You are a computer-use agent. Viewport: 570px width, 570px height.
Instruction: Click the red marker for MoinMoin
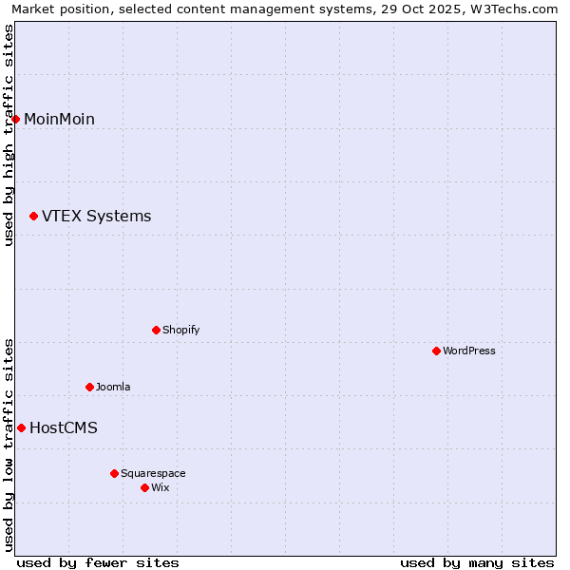(16, 119)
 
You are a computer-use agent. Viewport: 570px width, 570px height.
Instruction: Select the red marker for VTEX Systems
(33, 217)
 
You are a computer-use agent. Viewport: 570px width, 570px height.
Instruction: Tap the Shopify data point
(156, 330)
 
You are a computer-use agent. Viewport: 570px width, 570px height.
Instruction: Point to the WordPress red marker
(436, 351)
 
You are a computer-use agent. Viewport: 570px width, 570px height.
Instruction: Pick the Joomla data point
(89, 387)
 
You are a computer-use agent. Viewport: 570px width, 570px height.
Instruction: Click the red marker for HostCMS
(21, 427)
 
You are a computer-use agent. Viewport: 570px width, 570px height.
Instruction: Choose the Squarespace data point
(114, 473)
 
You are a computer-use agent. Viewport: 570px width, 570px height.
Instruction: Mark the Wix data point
(144, 487)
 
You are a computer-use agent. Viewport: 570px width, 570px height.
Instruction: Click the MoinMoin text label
(59, 119)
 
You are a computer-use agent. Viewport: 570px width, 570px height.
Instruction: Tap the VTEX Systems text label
(96, 217)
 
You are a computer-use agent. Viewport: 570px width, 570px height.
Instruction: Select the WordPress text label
(469, 351)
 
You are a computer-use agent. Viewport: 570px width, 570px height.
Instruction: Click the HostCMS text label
(64, 427)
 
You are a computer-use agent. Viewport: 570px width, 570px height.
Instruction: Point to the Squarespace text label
(153, 473)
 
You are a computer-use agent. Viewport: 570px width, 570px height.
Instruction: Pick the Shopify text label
(180, 330)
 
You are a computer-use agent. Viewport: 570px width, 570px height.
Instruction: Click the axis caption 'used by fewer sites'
(98, 562)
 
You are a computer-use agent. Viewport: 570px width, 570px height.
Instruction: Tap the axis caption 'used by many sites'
(477, 562)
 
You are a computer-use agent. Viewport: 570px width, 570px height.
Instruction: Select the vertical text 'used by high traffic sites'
(9, 135)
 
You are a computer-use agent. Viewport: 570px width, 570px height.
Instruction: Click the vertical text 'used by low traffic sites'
(9, 445)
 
